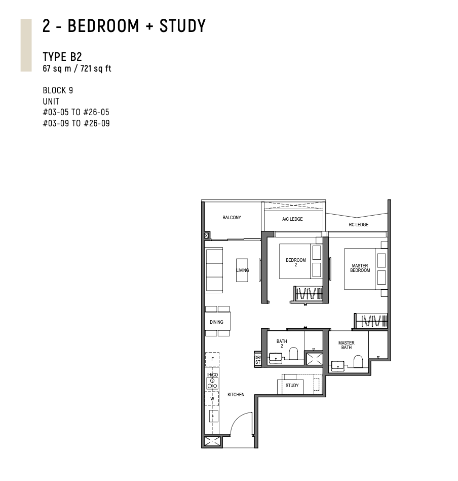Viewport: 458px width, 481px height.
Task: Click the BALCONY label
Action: [x=232, y=218]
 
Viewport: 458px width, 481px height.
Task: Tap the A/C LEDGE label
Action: [x=292, y=219]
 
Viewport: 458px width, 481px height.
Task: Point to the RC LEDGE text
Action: [x=358, y=225]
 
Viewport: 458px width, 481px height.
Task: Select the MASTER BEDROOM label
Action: [x=360, y=268]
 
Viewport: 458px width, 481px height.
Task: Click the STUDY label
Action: [x=292, y=385]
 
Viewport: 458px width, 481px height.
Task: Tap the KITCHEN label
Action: [x=236, y=395]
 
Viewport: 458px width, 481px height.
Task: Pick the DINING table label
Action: [x=216, y=322]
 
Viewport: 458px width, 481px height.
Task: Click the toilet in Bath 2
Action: [x=293, y=353]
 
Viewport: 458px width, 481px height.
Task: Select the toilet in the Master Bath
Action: [x=358, y=361]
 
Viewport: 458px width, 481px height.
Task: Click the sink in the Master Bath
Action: [x=338, y=366]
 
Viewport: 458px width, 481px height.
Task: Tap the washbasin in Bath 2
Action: [x=276, y=358]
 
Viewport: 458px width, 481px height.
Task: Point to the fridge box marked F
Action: [x=212, y=359]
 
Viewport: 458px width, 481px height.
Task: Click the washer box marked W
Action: [x=212, y=399]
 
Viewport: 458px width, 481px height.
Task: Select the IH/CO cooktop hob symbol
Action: [x=212, y=384]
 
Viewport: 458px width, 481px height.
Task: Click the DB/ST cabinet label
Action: [x=258, y=360]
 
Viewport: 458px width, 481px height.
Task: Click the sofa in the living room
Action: [x=214, y=270]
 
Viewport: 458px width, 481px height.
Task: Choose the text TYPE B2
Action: [x=62, y=57]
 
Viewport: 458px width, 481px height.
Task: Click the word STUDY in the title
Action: [x=182, y=26]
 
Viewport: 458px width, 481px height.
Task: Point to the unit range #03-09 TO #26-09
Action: [x=77, y=123]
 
